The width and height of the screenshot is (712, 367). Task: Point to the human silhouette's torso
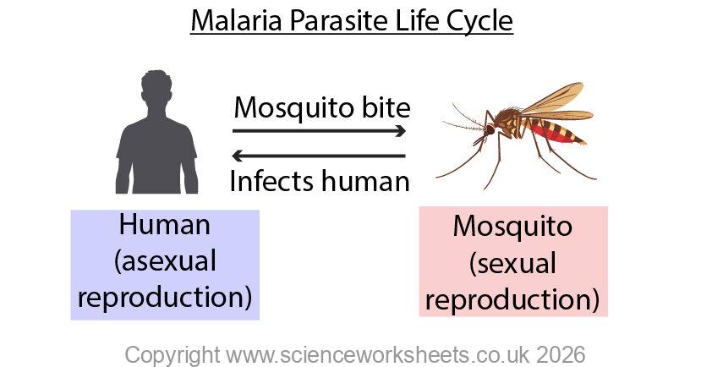point(156,152)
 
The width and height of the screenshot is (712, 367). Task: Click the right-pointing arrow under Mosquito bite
point(320,131)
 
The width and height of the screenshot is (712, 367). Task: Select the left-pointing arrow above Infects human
point(320,156)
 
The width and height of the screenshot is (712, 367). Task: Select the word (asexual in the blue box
point(165,261)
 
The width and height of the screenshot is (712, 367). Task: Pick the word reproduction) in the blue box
point(165,298)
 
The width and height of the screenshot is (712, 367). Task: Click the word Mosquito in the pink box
point(513,227)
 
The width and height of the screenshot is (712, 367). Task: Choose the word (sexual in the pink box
point(513,263)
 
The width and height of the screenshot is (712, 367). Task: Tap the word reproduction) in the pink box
point(513,299)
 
